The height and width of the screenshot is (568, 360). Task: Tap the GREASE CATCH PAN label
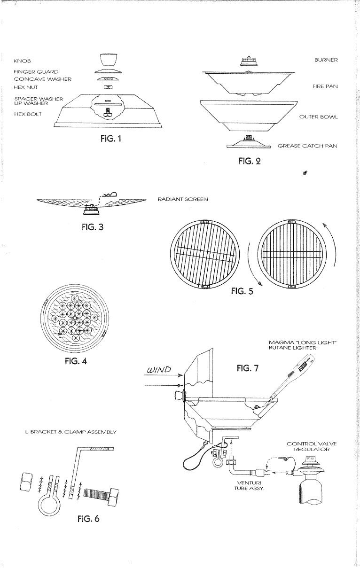pos(307,146)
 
